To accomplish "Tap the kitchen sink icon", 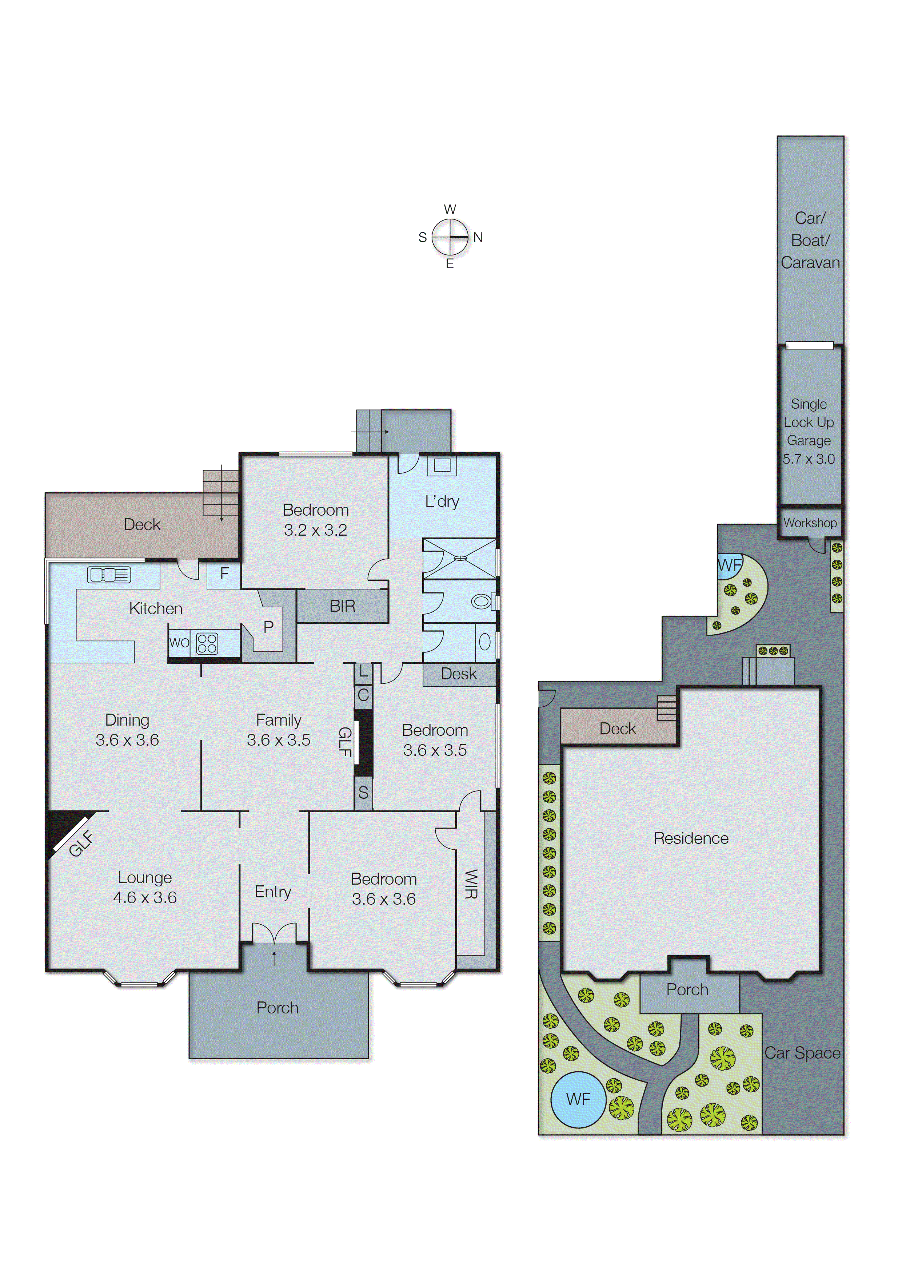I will coord(109,575).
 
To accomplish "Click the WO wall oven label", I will coord(179,643).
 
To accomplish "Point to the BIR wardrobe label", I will coord(342,606).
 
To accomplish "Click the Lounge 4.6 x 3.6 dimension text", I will coord(145,897).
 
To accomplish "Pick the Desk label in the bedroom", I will coord(459,674).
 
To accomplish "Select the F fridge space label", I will coord(224,574).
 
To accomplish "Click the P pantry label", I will coord(269,627).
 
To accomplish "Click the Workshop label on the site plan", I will coord(810,523).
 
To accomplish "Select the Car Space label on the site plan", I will coord(802,1053).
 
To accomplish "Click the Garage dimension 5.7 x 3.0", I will coord(809,459).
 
